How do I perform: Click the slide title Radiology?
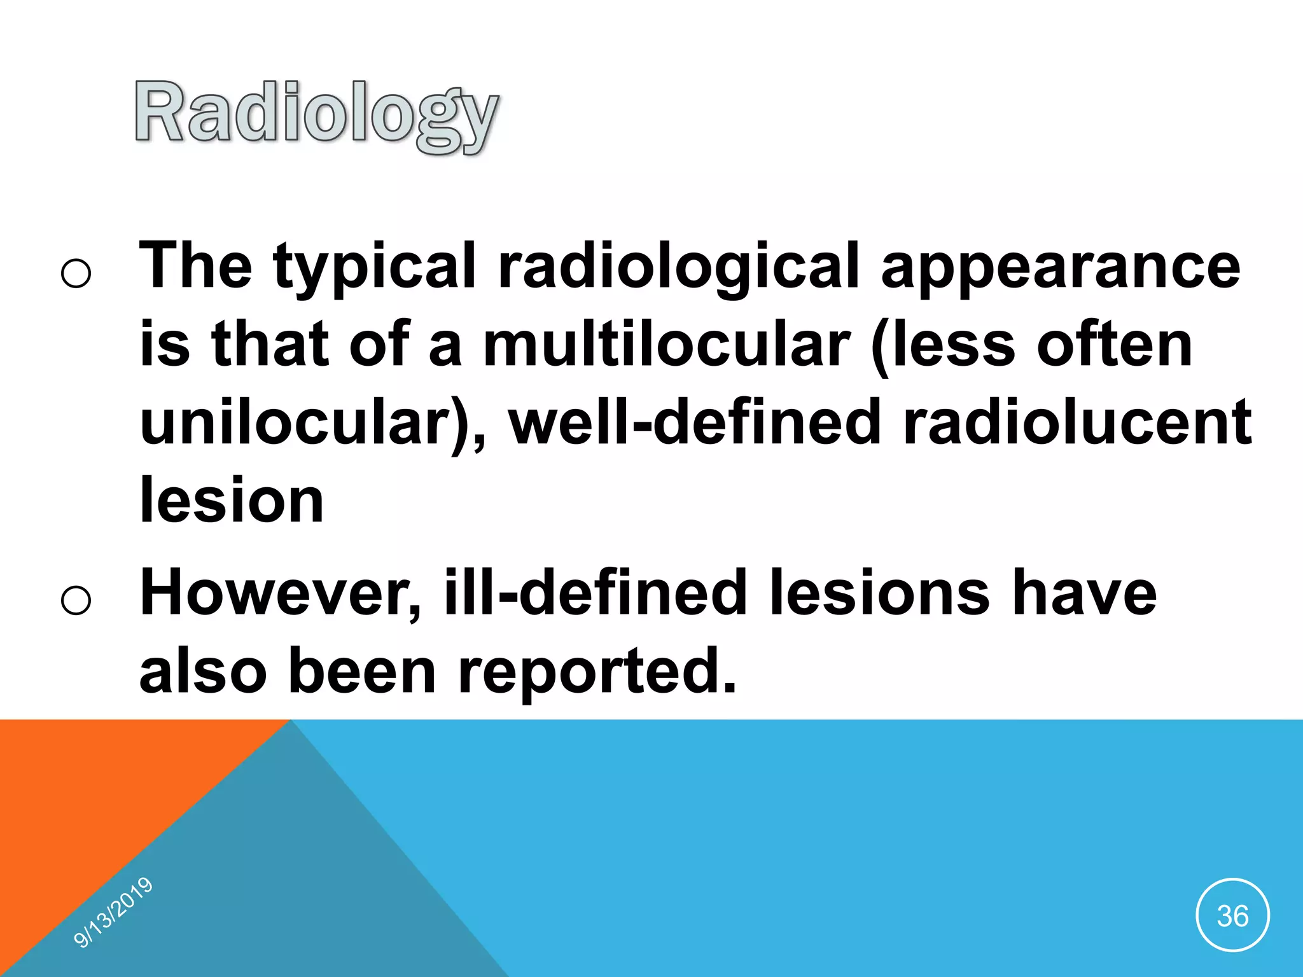pos(316,114)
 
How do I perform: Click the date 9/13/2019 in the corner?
pos(113,912)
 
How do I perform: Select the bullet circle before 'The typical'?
pos(76,274)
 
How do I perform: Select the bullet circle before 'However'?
pos(76,600)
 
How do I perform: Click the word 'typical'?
pos(374,266)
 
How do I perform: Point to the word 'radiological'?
pos(678,266)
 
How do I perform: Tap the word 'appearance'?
pos(1060,266)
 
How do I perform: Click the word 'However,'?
pos(280,592)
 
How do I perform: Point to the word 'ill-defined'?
pos(595,592)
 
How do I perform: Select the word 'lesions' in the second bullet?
pos(879,592)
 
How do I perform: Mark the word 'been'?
pos(361,671)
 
